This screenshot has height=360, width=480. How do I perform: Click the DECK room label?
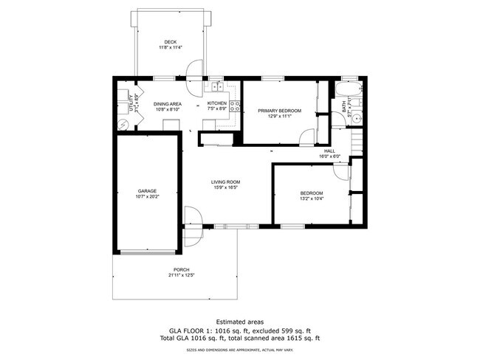tap(171, 42)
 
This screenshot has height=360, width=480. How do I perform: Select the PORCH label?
tap(181, 270)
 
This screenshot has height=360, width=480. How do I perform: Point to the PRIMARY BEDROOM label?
tap(275, 110)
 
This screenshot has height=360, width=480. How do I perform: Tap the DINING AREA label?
tap(168, 104)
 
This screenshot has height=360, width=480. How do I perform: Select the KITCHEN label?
tap(216, 103)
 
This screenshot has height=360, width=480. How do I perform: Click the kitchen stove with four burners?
tap(236, 105)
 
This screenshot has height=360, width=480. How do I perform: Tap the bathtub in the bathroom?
tap(345, 91)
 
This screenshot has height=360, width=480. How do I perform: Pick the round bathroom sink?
tap(354, 118)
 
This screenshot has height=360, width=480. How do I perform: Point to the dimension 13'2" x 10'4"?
tap(312, 198)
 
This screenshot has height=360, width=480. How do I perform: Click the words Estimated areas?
tap(240, 321)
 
